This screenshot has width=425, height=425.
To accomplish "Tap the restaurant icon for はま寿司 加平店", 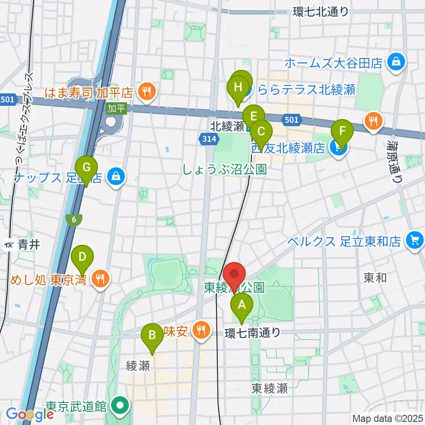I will (x=146, y=92).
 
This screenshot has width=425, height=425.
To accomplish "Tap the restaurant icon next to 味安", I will (x=201, y=330).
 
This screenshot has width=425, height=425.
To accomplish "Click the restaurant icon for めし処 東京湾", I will (x=100, y=279).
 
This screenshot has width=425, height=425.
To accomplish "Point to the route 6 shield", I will (x=73, y=219).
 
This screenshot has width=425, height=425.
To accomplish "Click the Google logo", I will (x=30, y=414).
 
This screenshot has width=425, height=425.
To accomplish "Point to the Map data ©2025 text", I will (x=387, y=418).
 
